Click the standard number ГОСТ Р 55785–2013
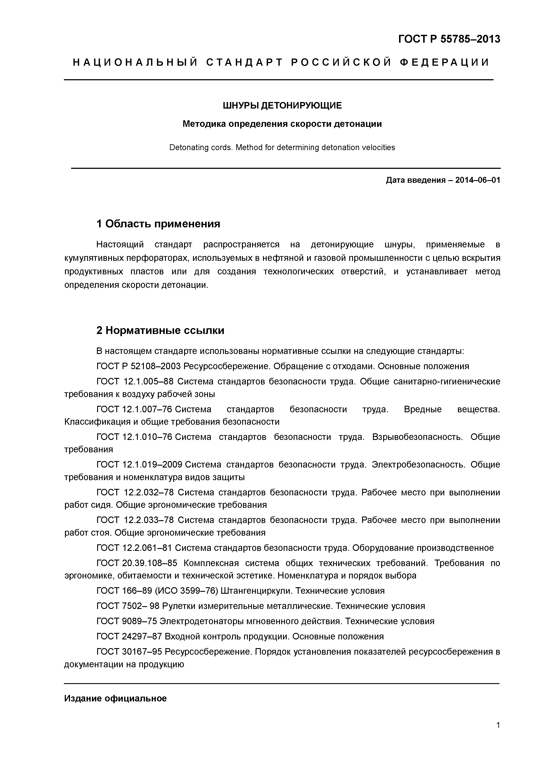coord(449,39)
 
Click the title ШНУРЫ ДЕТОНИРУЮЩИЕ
coord(282,106)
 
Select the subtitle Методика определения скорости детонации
coord(282,124)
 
